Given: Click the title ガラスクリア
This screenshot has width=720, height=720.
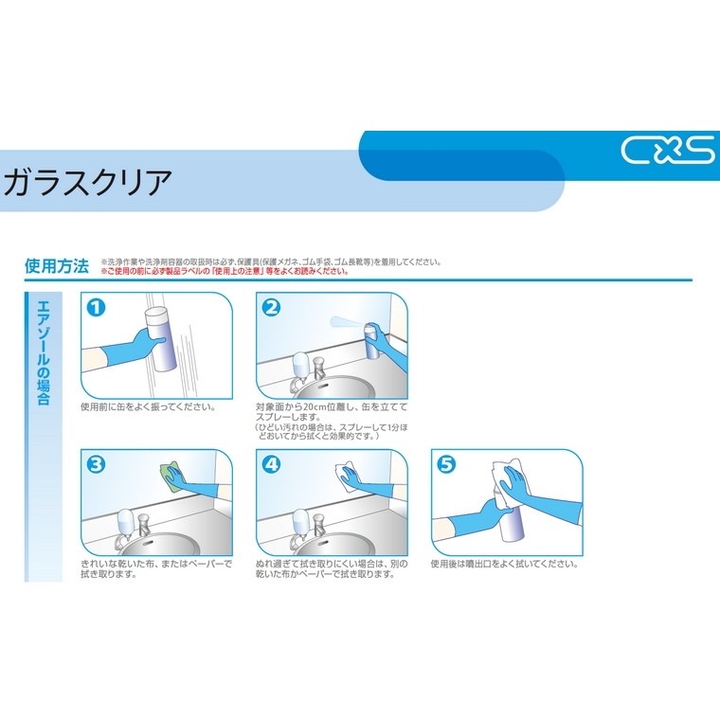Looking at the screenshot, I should (89, 181).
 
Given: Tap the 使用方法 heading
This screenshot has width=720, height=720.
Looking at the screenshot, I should (57, 266).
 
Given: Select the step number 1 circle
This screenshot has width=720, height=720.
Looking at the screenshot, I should (95, 307).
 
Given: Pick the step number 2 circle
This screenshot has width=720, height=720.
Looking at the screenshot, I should (270, 307).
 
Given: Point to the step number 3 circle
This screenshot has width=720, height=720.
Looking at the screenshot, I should (95, 463).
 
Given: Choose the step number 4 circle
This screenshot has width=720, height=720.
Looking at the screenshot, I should (270, 463).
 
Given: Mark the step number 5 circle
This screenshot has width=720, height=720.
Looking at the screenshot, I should (445, 463).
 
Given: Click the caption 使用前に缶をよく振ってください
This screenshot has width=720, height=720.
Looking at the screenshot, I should (148, 408).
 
